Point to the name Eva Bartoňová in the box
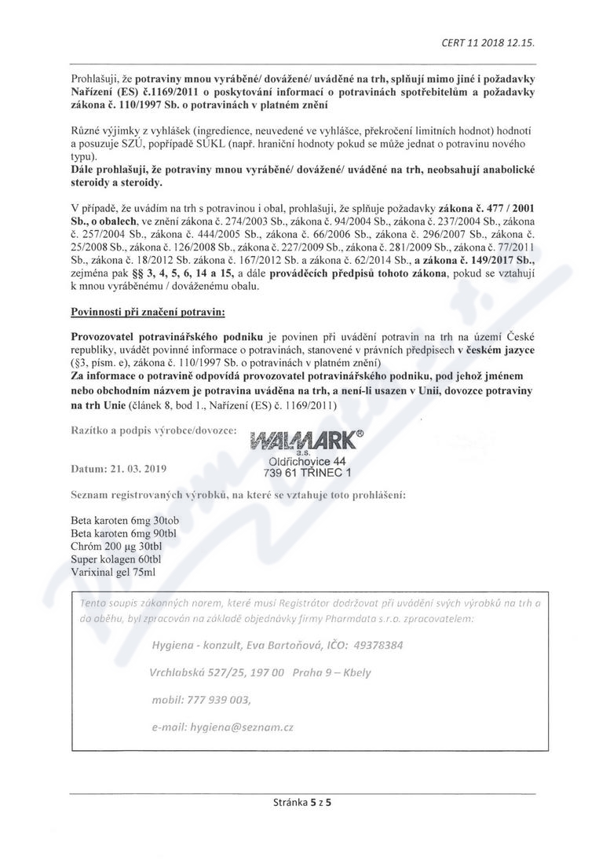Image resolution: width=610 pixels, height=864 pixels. [x=272, y=645]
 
